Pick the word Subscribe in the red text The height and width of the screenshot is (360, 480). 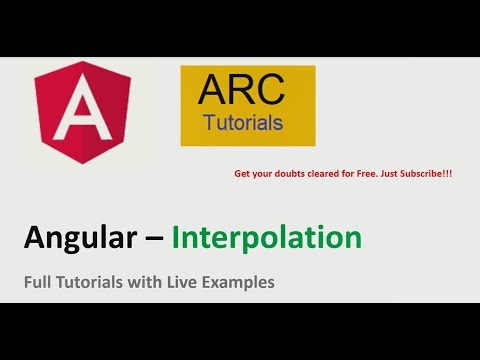click(x=419, y=173)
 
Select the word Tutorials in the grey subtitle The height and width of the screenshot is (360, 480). click(x=92, y=283)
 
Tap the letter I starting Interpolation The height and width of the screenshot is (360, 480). click(x=176, y=238)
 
